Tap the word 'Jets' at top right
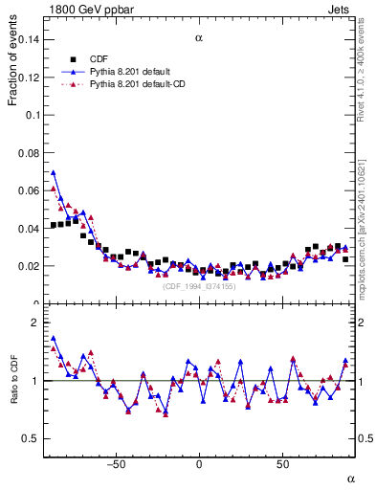coord(339,9)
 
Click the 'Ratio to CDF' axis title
coord(13,380)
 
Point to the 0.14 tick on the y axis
coord(28,39)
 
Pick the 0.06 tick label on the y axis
coord(28,190)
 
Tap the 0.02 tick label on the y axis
coord(28,266)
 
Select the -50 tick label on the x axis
coord(116,464)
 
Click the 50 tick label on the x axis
coord(283,464)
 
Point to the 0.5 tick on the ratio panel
coord(30,439)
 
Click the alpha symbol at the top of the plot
coord(199,38)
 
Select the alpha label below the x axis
coord(350,478)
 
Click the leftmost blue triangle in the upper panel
coord(54,173)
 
